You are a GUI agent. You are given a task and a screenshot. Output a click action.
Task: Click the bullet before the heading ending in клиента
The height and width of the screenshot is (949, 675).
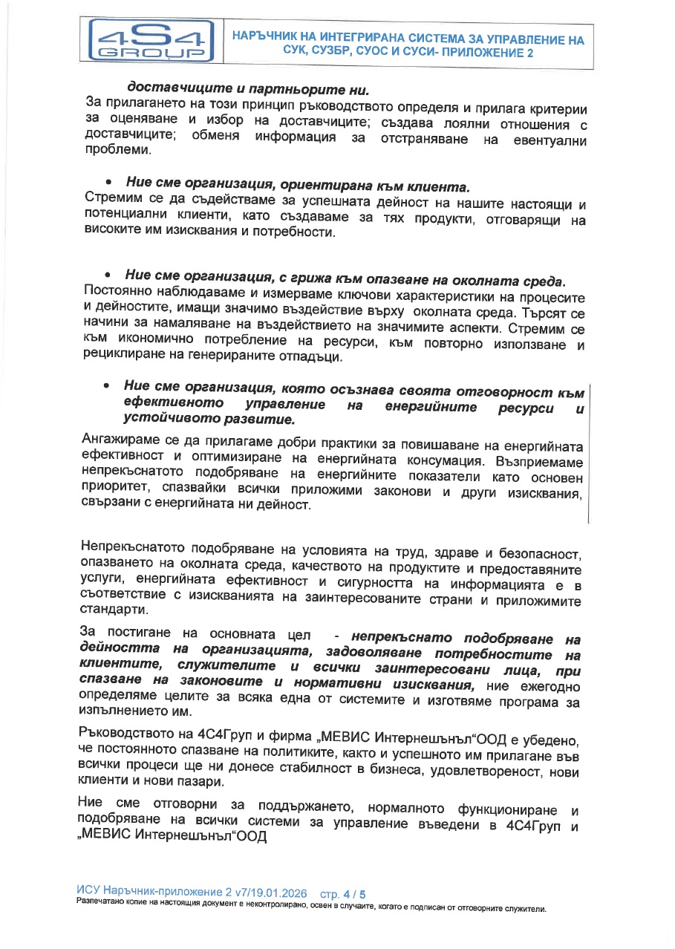click(108, 183)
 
